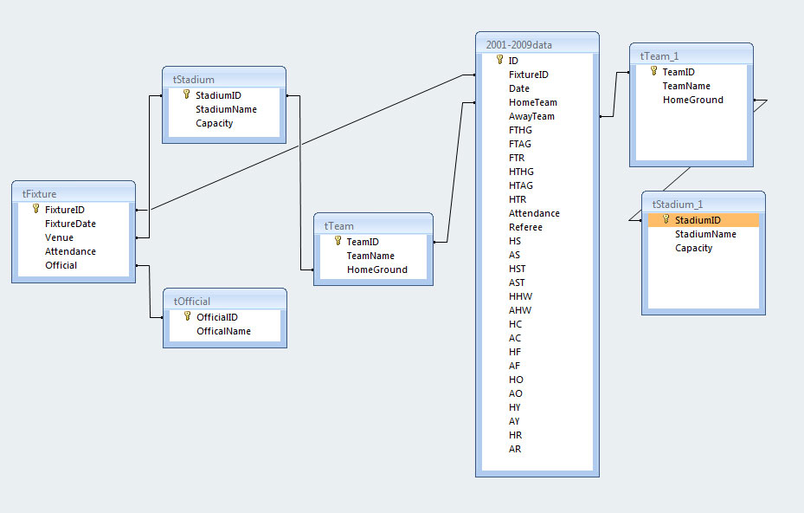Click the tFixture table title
(40, 193)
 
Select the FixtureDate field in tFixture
(70, 224)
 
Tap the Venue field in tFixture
(59, 237)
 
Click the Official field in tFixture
(61, 265)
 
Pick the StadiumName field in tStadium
(226, 109)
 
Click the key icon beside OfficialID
(187, 317)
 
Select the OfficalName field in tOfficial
(223, 331)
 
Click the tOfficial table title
(192, 301)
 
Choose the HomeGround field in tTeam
(376, 269)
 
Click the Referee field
(526, 227)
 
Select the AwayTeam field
(531, 116)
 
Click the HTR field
(518, 199)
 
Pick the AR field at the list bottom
(515, 449)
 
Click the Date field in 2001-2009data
(519, 88)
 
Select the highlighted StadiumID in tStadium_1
(698, 220)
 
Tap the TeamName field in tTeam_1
(686, 86)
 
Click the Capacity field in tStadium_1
(693, 248)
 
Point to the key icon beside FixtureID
(35, 209)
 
